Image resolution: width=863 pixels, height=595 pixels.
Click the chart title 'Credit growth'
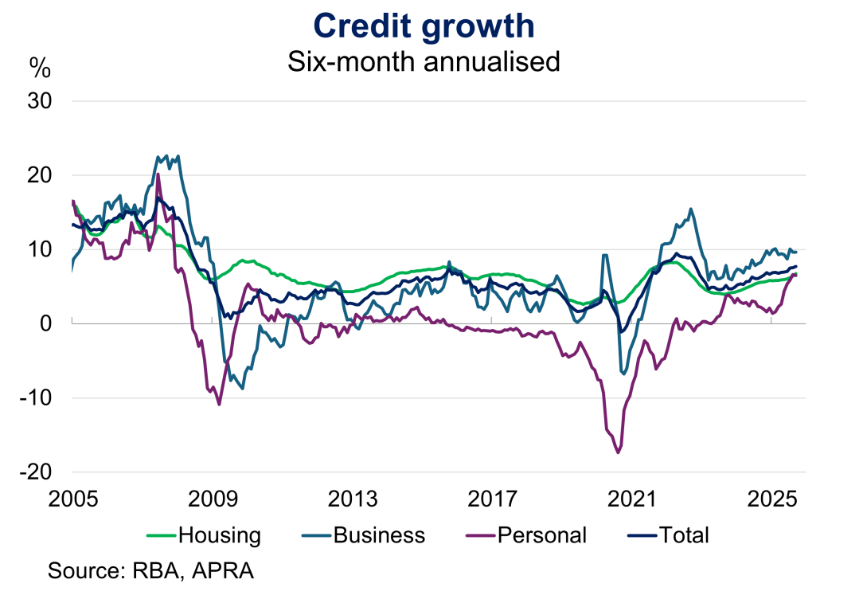[424, 25]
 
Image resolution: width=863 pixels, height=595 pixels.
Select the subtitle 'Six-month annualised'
[424, 61]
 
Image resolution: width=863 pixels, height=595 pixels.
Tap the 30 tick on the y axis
[40, 101]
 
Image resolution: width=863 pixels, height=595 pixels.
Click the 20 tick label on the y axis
[40, 175]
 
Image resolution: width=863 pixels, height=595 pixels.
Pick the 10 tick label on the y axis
[40, 249]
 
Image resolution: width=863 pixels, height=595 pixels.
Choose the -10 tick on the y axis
[37, 397]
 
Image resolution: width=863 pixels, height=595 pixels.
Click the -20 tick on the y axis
[37, 472]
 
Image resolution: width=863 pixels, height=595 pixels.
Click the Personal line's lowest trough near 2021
[618, 452]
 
